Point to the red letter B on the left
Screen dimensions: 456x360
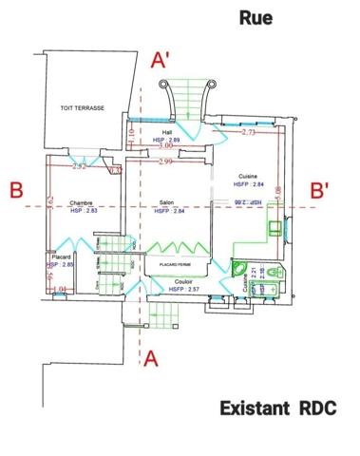[16, 190]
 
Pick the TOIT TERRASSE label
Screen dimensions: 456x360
[82, 108]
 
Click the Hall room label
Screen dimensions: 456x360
[167, 132]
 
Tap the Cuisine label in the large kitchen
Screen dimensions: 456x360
[249, 178]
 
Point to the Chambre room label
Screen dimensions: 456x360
[81, 202]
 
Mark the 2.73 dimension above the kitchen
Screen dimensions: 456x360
[249, 133]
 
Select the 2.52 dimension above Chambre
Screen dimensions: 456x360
[80, 166]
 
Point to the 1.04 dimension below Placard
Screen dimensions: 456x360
[59, 288]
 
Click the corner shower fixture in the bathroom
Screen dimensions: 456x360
[240, 267]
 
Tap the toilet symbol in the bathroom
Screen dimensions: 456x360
[274, 274]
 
